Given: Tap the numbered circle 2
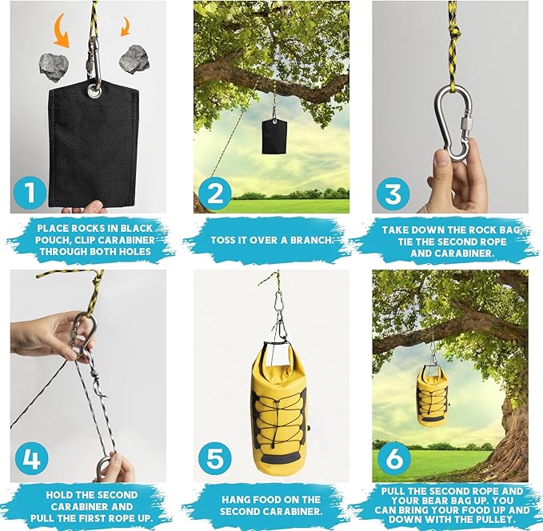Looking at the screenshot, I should tap(214, 192).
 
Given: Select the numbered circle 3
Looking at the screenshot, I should tap(394, 192).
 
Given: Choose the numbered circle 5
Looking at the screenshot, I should tap(214, 460).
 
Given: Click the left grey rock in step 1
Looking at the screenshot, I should tap(54, 66).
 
